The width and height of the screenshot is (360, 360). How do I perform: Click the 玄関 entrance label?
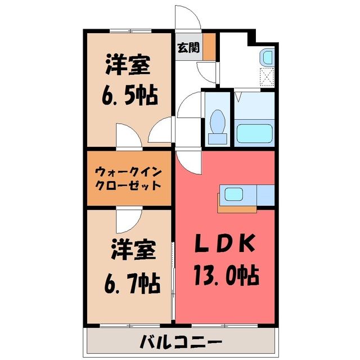(x=188, y=48)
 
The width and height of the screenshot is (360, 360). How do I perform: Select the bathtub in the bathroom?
(x=254, y=133)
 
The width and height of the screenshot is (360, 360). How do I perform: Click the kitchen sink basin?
(x=233, y=194)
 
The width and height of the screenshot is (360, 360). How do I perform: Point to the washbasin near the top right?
(x=267, y=57)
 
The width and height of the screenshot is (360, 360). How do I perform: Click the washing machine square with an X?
(x=267, y=77)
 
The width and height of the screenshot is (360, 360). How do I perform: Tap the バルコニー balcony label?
(x=181, y=342)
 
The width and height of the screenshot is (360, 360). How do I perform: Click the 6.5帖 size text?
(x=130, y=96)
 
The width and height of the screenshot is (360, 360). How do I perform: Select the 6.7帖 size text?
(x=132, y=283)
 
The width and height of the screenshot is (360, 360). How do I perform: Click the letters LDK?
(x=225, y=243)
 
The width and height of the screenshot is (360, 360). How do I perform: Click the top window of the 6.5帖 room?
(x=130, y=30)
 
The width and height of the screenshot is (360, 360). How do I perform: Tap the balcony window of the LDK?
(x=224, y=325)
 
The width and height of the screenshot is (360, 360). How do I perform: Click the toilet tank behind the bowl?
(x=218, y=139)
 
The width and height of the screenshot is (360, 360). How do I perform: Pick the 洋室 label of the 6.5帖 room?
(x=128, y=65)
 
